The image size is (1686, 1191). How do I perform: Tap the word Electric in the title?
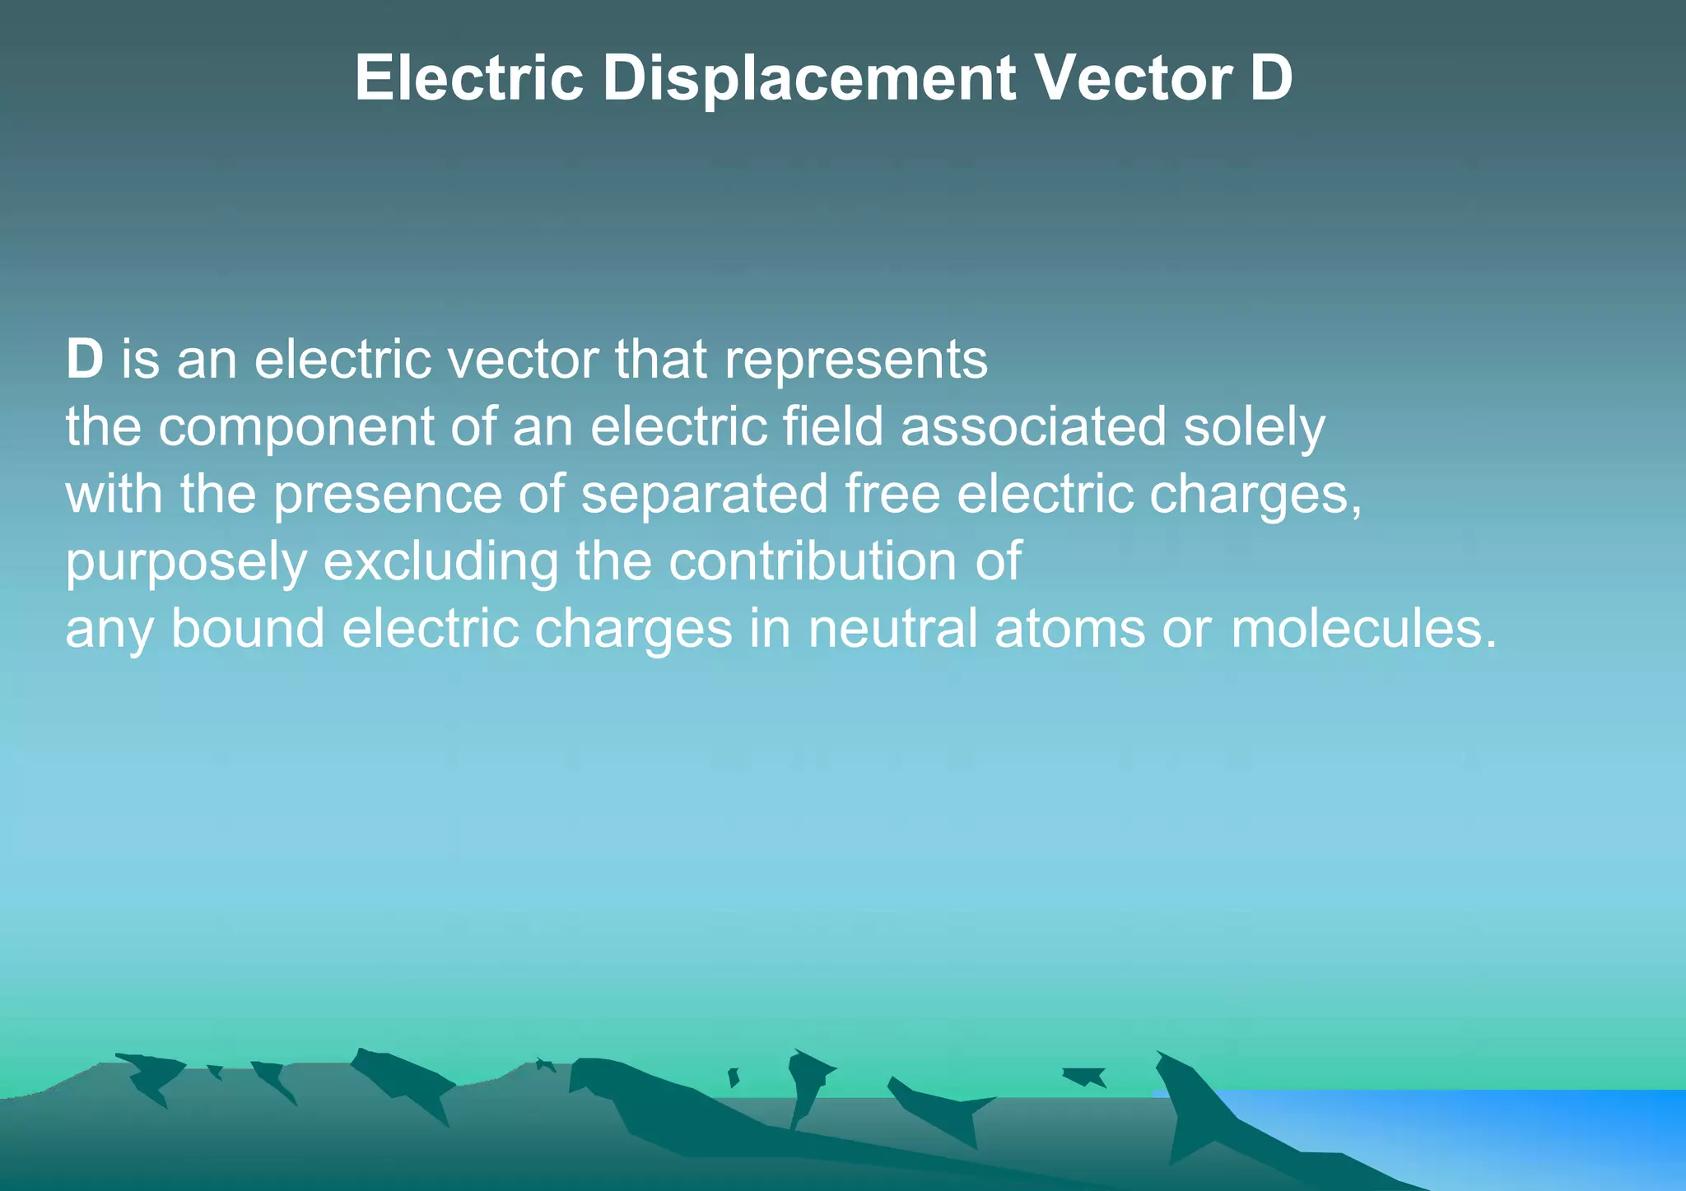click(x=469, y=78)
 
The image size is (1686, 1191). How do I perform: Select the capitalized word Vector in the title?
click(x=1134, y=78)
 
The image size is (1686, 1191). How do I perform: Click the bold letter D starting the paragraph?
click(x=84, y=360)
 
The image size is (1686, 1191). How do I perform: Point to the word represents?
click(x=855, y=361)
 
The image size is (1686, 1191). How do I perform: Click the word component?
click(x=296, y=428)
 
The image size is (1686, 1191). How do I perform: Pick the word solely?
click(x=1254, y=428)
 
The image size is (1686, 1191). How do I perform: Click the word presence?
click(x=387, y=495)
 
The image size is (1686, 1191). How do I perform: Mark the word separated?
click(x=704, y=495)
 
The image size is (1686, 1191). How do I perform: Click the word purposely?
click(x=186, y=563)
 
